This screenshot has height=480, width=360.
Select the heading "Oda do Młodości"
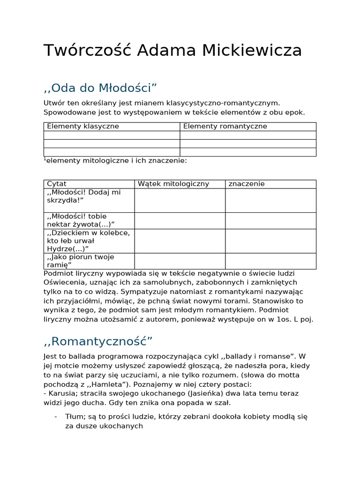(100, 88)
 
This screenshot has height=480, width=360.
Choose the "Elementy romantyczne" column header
(225, 127)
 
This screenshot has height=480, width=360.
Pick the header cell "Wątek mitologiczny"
(173, 184)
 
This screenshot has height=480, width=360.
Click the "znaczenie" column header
(247, 184)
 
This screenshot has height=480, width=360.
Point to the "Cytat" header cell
(57, 184)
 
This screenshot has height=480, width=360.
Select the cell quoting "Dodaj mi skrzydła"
(84, 196)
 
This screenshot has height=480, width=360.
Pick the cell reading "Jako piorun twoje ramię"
(80, 261)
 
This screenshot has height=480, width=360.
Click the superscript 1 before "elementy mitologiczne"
(45, 159)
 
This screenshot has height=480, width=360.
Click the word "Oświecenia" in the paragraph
(64, 282)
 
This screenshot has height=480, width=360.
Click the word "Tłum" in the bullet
(74, 417)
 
